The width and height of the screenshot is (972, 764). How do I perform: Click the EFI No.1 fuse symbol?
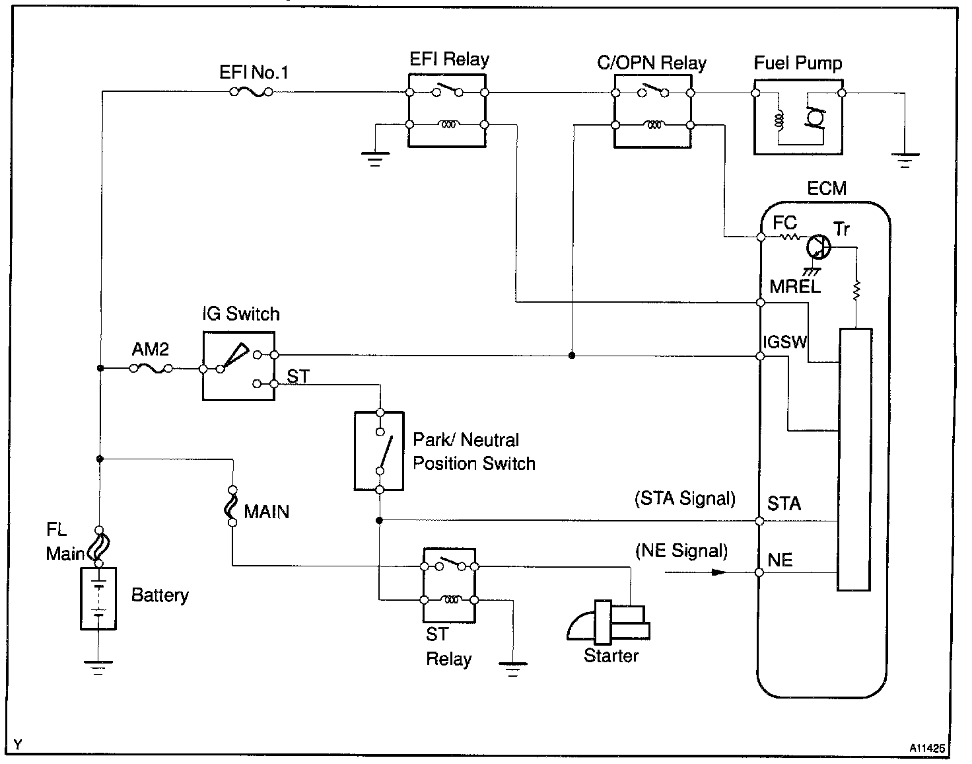click(251, 93)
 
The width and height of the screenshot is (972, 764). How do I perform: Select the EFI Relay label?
click(449, 59)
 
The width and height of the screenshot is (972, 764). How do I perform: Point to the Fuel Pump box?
click(798, 118)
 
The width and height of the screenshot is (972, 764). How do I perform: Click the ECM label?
click(827, 189)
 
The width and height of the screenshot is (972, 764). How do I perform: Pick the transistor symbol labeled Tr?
click(819, 247)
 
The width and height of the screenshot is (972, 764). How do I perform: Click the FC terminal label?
click(784, 223)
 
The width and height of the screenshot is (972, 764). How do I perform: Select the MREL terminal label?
click(795, 286)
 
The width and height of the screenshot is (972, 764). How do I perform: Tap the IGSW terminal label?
click(785, 342)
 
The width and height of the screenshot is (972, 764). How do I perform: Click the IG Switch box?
click(238, 365)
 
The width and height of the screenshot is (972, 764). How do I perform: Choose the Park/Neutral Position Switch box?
click(379, 451)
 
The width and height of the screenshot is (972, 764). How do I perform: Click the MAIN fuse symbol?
click(232, 507)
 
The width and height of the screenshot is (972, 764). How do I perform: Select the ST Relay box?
click(449, 584)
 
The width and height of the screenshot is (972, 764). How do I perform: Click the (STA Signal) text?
click(685, 498)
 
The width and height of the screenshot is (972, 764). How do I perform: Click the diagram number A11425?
click(926, 749)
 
